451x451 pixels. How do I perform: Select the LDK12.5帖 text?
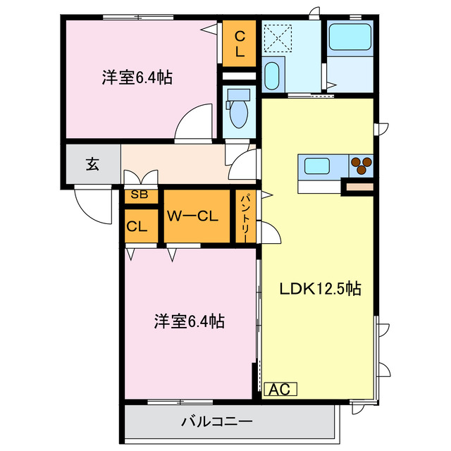pos(320,289)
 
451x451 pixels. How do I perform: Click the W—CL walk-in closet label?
pos(197,216)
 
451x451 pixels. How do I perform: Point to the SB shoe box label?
pos(139,196)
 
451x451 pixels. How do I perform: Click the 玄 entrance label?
pos(92,164)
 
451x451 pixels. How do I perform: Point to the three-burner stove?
pos(361,165)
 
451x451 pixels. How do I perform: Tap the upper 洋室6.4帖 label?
pos(137,78)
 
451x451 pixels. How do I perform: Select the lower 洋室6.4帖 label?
pos(190,322)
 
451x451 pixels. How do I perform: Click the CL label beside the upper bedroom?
pos(240,43)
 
